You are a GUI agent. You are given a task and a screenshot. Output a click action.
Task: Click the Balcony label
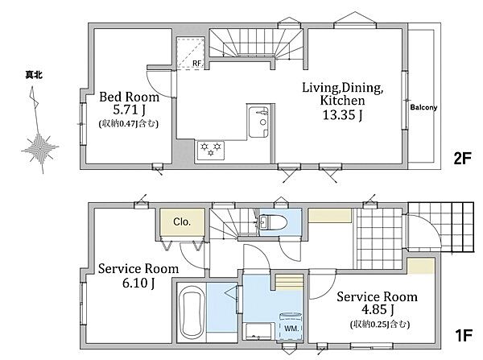(x=423, y=107)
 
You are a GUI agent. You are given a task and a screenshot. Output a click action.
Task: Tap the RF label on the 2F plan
(x=197, y=63)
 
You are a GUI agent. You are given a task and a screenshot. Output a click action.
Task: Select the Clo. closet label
(x=182, y=221)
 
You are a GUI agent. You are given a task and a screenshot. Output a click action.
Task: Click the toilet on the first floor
(x=273, y=222)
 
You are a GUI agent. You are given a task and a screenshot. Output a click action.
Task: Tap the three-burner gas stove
(x=211, y=151)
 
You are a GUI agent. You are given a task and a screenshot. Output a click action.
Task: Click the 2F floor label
(x=462, y=159)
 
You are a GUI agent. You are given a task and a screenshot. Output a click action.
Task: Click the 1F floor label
(x=463, y=335)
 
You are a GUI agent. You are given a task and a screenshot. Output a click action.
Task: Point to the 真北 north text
(x=34, y=75)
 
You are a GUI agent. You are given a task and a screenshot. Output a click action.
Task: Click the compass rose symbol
(x=40, y=147)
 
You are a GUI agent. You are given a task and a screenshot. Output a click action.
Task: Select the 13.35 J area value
(x=342, y=115)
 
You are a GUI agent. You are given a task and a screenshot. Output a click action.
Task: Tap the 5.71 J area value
(x=130, y=110)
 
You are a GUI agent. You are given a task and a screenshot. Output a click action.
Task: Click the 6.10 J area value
(x=138, y=283)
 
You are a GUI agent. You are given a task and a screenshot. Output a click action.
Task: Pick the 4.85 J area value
(x=378, y=309)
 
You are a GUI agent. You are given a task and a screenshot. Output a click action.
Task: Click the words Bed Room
(x=130, y=97)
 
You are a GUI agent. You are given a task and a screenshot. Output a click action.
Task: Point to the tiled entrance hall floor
(x=379, y=238)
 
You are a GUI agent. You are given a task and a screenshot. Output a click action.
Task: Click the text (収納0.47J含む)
(x=129, y=124)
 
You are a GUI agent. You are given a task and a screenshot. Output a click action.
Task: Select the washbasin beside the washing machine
(x=258, y=331)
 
